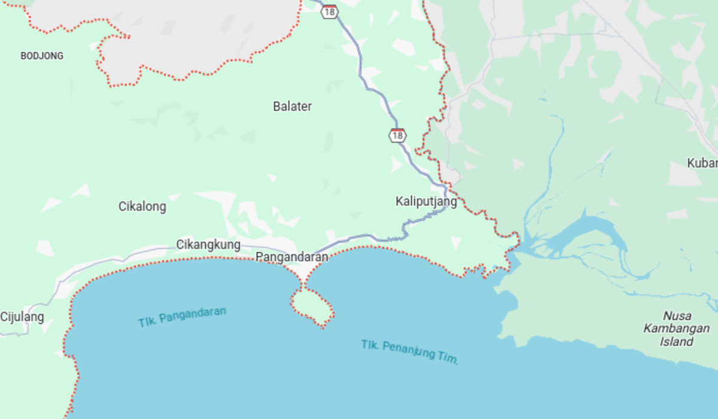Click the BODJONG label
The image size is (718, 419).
(x=42, y=56)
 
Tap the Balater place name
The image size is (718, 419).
(x=292, y=107)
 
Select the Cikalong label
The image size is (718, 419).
(x=142, y=207)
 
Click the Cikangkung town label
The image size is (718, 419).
(x=208, y=244)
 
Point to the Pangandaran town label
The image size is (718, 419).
(x=292, y=257)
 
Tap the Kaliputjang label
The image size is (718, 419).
(x=426, y=202)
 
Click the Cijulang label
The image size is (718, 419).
(x=22, y=317)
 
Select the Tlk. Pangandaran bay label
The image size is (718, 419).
(x=182, y=317)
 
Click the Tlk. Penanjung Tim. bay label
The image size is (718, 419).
(x=410, y=352)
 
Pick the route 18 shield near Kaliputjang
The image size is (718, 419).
(x=397, y=135)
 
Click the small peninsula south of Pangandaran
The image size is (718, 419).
(x=312, y=305)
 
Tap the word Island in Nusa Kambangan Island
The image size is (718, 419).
(x=677, y=342)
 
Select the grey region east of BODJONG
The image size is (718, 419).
(x=197, y=36)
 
